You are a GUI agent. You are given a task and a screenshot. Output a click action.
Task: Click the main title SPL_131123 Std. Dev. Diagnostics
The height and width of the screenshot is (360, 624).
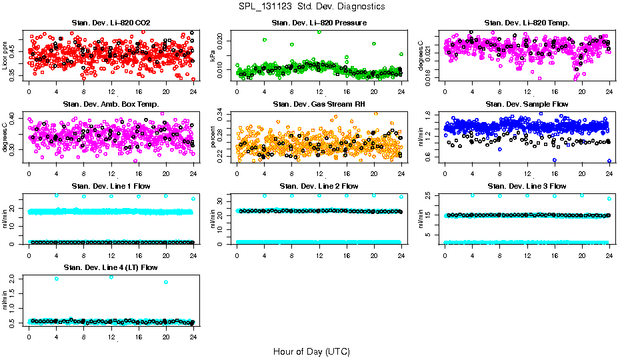tap(311, 7)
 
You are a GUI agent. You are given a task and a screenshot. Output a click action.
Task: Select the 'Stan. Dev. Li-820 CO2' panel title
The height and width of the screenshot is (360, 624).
tap(111, 23)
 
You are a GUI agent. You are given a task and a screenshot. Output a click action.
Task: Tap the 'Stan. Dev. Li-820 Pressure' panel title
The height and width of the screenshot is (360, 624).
tap(319, 23)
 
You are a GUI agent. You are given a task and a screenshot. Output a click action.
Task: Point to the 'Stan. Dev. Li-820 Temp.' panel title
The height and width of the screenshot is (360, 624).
tap(527, 23)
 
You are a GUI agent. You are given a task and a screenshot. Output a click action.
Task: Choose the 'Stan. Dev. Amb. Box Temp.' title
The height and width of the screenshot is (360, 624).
tap(111, 105)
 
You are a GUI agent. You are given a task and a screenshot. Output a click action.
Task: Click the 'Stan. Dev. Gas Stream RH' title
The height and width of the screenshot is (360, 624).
tap(319, 105)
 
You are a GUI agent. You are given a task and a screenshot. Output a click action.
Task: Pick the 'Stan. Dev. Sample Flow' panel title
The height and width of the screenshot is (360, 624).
tap(527, 105)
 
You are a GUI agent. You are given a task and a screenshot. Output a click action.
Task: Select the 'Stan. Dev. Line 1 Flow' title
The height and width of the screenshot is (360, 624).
tap(111, 186)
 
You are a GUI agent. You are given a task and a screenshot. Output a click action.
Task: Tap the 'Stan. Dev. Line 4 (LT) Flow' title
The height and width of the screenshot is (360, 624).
tap(111, 267)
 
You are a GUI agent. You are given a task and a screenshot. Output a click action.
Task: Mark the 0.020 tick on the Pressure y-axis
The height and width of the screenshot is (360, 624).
tap(224, 41)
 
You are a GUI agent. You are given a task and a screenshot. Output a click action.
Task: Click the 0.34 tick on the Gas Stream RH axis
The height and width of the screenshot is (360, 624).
tap(224, 115)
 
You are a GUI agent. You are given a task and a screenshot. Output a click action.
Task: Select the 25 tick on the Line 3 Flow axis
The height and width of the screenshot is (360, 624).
tap(433, 195)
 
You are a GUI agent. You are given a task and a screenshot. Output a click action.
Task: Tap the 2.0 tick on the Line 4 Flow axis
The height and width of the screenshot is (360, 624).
tap(16, 279)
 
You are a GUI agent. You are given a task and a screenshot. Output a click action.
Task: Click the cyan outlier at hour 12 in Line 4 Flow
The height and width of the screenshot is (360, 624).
tap(111, 277)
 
